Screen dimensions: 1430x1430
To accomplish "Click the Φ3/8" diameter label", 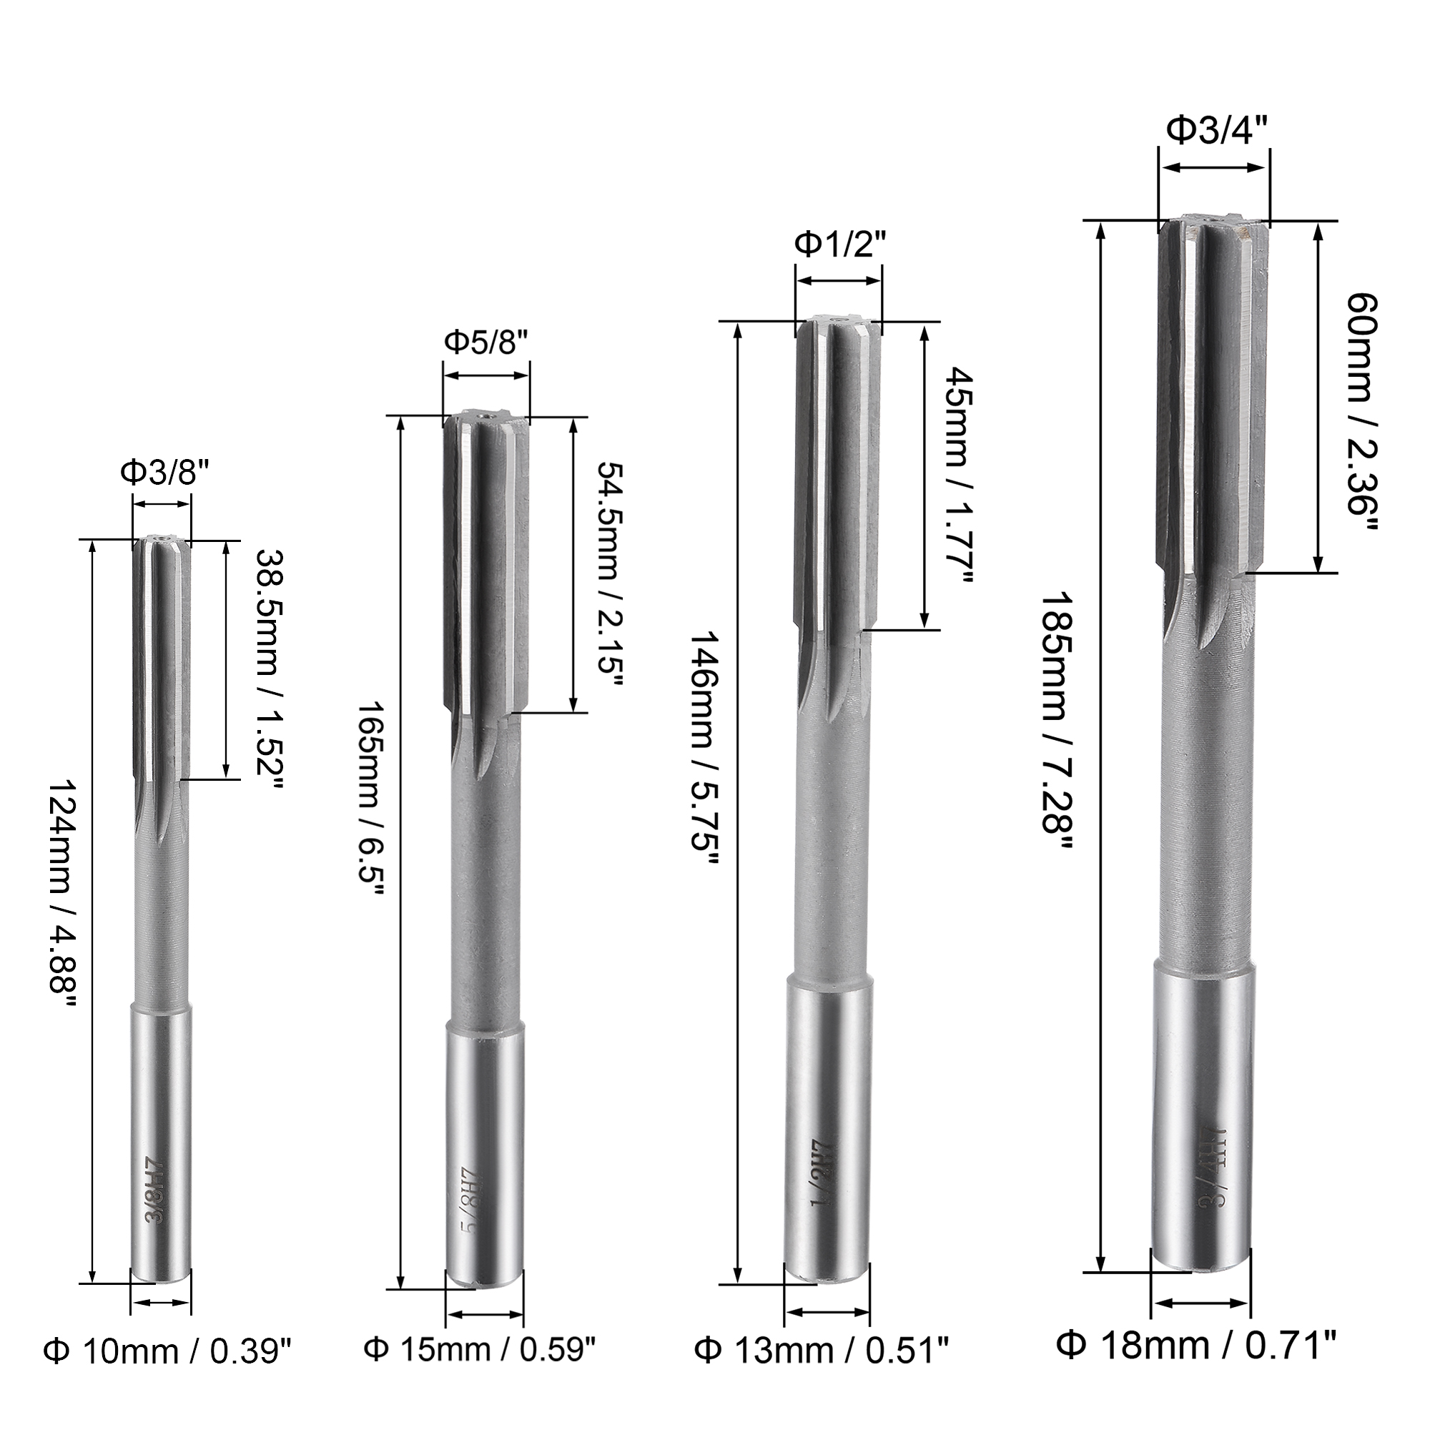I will click(x=162, y=473).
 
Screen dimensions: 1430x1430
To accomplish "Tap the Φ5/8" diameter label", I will click(x=486, y=342).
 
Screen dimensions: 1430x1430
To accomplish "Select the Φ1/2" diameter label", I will click(x=839, y=244).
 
